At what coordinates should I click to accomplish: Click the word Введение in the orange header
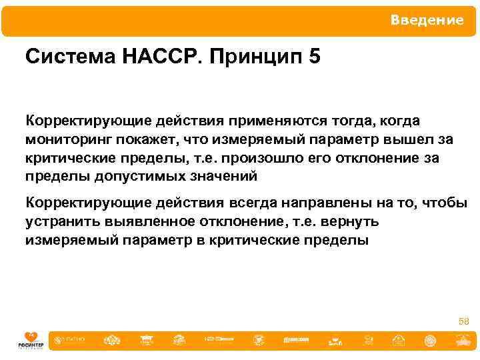point(427,21)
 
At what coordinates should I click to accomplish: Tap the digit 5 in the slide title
point(315,57)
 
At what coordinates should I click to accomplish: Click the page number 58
point(464,321)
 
